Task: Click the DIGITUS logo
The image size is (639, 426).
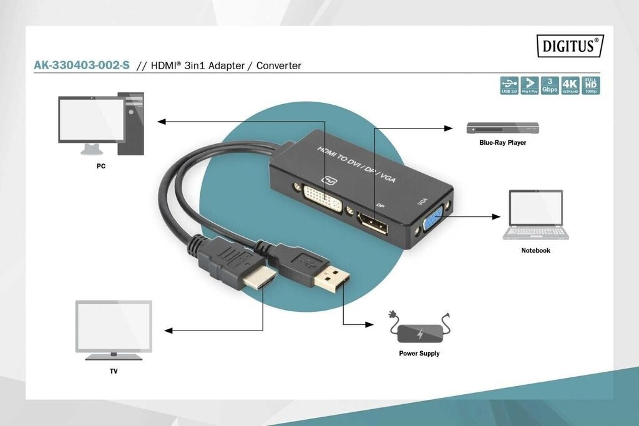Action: point(570,46)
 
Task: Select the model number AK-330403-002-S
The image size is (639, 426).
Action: point(82,65)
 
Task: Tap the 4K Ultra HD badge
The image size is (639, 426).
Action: point(569,85)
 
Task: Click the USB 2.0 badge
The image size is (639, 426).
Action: point(509,85)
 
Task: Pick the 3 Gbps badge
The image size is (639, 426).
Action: point(549,85)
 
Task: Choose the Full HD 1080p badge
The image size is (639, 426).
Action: point(590,85)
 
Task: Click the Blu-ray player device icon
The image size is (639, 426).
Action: point(502,128)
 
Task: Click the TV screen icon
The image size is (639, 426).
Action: point(114,328)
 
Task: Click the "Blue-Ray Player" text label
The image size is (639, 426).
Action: point(502,143)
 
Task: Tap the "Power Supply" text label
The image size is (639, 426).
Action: point(419,354)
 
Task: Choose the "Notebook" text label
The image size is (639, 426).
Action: point(535,251)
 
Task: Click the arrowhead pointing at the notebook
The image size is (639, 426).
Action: point(497,216)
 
